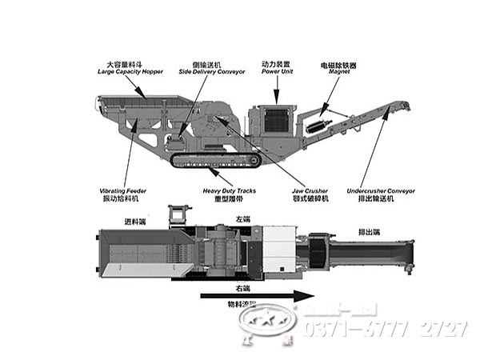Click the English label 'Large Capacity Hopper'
point(130,72)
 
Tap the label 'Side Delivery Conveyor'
point(206,72)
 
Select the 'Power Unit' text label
point(276,71)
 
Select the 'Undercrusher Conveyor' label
point(381,190)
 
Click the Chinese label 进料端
point(134,222)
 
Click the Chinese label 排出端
point(370,232)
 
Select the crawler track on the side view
point(216,160)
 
